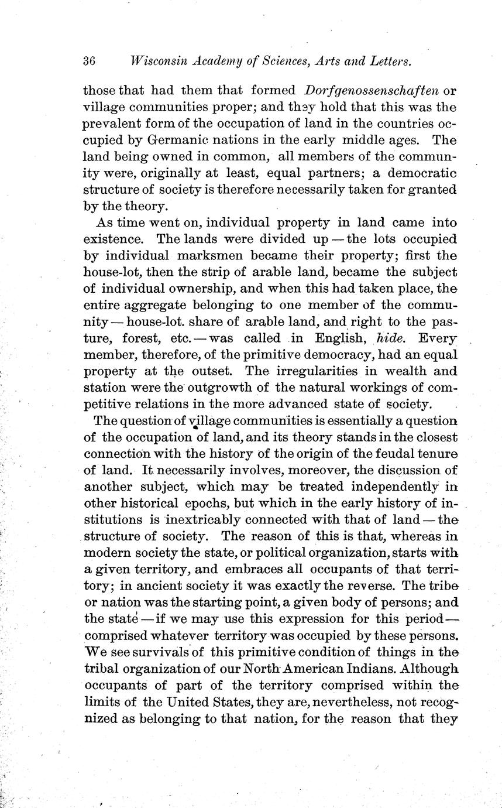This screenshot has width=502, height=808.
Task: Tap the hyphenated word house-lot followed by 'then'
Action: click(112, 272)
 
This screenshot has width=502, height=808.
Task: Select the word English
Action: click(340, 338)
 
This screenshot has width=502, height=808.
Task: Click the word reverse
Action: click(366, 585)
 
